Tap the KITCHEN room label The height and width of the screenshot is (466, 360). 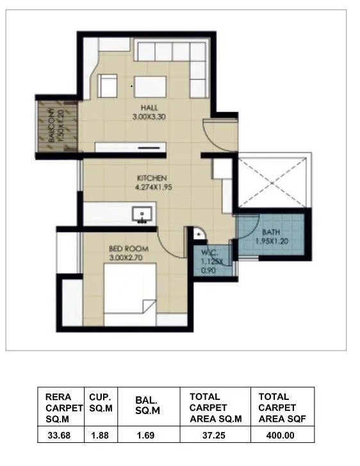click(152, 178)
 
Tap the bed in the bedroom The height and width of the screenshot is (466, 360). click(128, 295)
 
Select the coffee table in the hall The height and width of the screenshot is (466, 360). click(149, 86)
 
